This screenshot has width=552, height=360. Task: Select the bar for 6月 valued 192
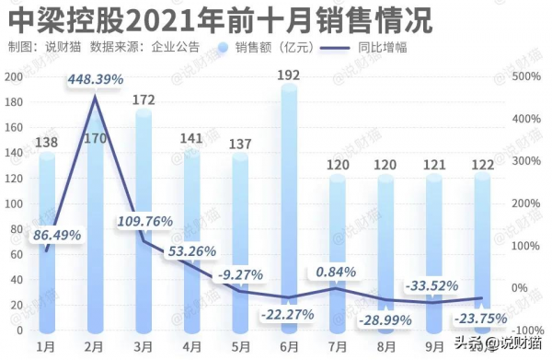click(x=288, y=212)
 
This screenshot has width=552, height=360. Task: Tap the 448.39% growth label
click(x=95, y=80)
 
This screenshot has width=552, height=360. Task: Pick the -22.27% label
click(x=287, y=314)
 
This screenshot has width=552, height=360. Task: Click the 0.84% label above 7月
click(x=336, y=272)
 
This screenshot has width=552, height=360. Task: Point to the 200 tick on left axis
click(x=13, y=77)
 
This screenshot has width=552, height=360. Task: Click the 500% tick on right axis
click(x=528, y=77)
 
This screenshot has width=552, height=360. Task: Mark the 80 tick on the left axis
click(x=17, y=229)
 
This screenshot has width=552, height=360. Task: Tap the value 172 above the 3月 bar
click(x=143, y=98)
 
